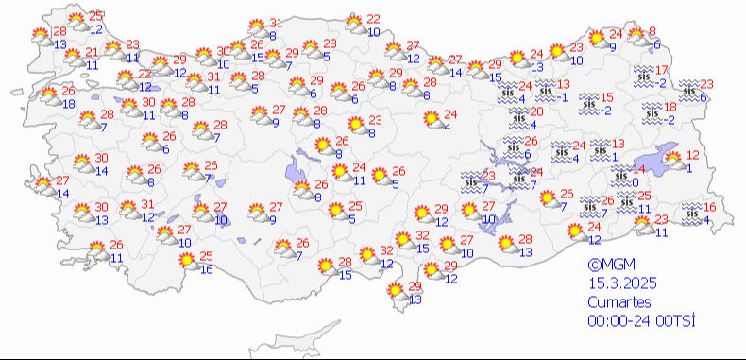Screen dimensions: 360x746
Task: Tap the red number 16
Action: [710, 208]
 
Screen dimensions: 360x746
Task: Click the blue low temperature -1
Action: [563, 97]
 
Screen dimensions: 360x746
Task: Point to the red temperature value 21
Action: [92, 53]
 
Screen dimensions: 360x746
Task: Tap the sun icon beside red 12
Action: [671, 161]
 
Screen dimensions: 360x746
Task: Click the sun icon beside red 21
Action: [72, 59]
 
